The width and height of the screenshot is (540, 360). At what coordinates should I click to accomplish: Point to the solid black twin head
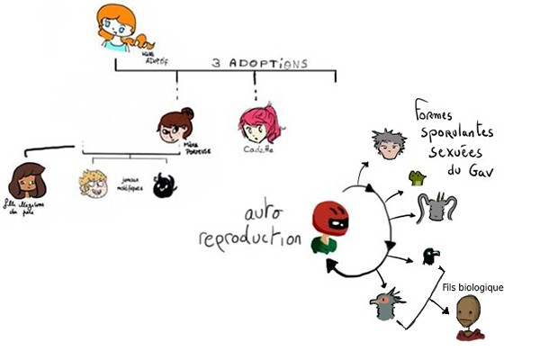164,184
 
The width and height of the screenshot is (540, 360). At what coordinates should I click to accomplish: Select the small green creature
418,176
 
